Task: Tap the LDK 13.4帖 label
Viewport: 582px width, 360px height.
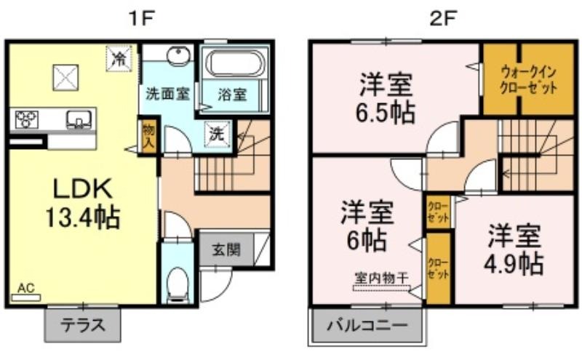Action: [82, 203]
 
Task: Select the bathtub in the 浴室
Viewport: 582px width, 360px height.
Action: [236, 64]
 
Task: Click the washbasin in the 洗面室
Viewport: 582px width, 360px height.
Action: [178, 57]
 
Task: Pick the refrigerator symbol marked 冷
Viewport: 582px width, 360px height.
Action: [119, 58]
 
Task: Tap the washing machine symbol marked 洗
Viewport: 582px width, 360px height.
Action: [217, 133]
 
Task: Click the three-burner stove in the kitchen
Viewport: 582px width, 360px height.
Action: [26, 119]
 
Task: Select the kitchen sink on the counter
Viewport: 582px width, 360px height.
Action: [79, 119]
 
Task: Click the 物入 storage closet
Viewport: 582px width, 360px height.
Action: [148, 136]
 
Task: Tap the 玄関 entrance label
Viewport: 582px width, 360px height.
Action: [226, 249]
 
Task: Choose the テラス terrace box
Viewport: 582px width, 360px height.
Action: [82, 325]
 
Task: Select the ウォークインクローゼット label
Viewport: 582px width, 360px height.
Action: [529, 80]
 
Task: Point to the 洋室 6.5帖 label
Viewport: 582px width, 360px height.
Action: [386, 98]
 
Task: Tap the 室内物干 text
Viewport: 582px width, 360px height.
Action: [381, 277]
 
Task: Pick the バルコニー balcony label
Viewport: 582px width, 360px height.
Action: [367, 326]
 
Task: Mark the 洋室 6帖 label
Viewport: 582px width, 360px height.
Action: [367, 226]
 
